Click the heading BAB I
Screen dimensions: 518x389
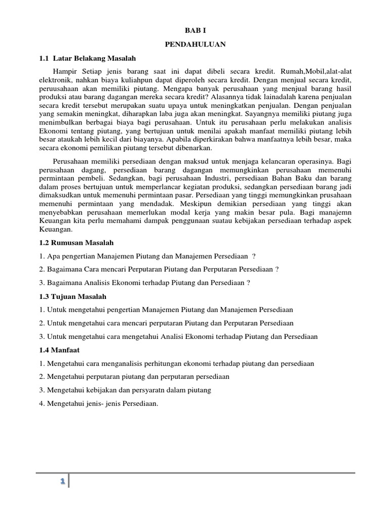[x=195, y=31]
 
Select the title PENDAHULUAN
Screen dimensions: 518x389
[x=195, y=45]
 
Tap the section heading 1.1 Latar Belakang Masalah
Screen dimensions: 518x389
[x=88, y=58]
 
